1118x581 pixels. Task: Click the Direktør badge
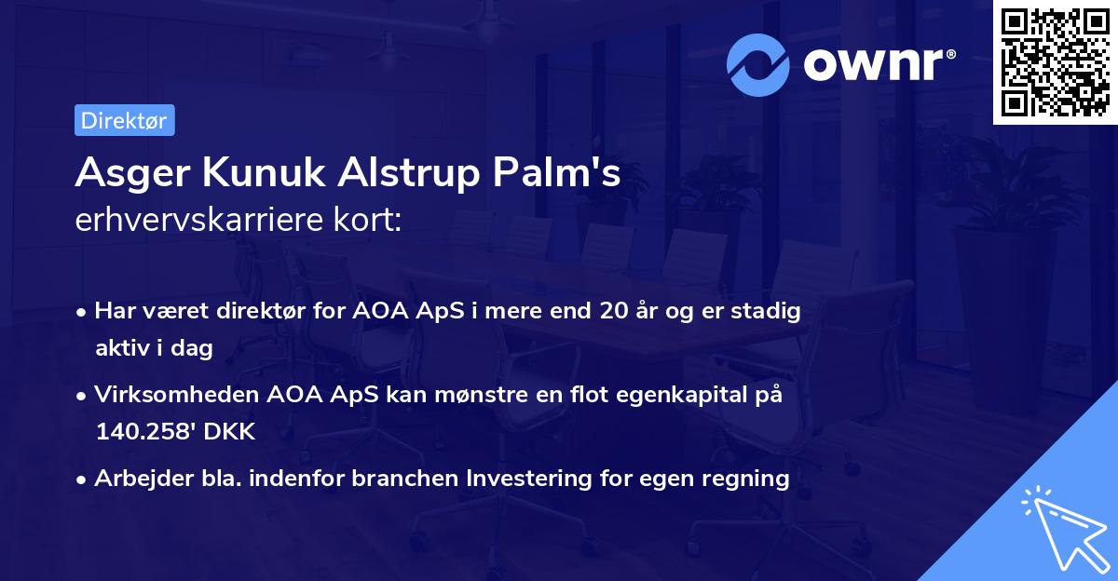(x=124, y=120)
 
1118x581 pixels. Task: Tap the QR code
(x=1054, y=61)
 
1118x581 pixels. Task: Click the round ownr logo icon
(x=758, y=64)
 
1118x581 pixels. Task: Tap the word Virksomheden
(x=165, y=395)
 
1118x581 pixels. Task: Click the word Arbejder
(x=135, y=479)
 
